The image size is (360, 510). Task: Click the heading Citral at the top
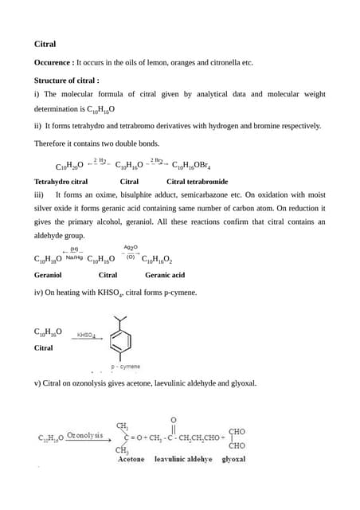point(45,44)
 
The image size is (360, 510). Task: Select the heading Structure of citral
point(67,80)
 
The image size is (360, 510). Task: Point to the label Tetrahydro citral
point(61,182)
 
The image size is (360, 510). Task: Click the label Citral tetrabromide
point(197,182)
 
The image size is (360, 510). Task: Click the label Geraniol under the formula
point(48,275)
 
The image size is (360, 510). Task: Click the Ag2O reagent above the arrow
point(131,247)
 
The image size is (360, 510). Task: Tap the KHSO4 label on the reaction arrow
point(87,335)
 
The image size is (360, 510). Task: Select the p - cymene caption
point(126,367)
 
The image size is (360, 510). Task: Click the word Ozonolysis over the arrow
point(84,436)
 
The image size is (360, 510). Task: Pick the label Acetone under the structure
point(131,460)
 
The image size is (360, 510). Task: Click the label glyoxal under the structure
point(233,460)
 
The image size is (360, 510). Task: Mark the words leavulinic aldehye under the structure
point(183,460)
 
